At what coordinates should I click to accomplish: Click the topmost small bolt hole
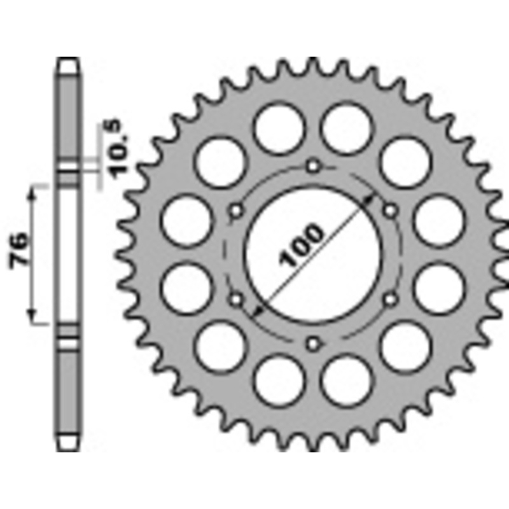(312, 167)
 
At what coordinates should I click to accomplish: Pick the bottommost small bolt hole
(312, 344)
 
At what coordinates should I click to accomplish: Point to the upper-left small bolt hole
(236, 211)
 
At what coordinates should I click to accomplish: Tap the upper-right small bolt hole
(389, 211)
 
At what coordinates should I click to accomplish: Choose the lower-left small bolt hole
(236, 298)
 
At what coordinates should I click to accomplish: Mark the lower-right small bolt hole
(389, 298)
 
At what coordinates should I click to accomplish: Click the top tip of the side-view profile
(69, 60)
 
